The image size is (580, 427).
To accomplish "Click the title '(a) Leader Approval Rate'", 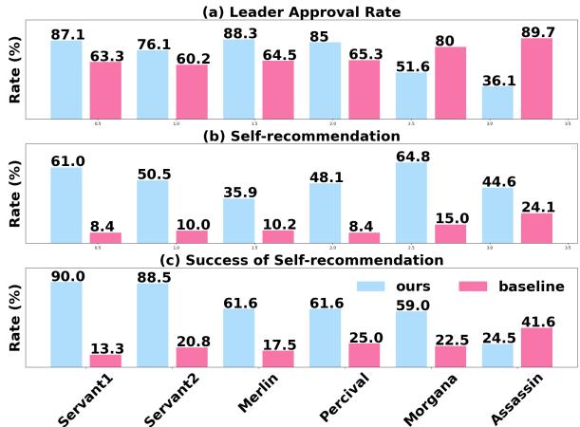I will coord(302,12).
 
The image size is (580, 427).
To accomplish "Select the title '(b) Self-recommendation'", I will coord(302,136).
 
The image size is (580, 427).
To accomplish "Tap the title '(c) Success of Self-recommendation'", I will coord(302,259).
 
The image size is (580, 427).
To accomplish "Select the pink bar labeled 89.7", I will coord(537,79).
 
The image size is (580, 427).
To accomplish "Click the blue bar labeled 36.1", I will coord(497,102).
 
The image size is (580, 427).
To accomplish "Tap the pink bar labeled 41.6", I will coord(537,346).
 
